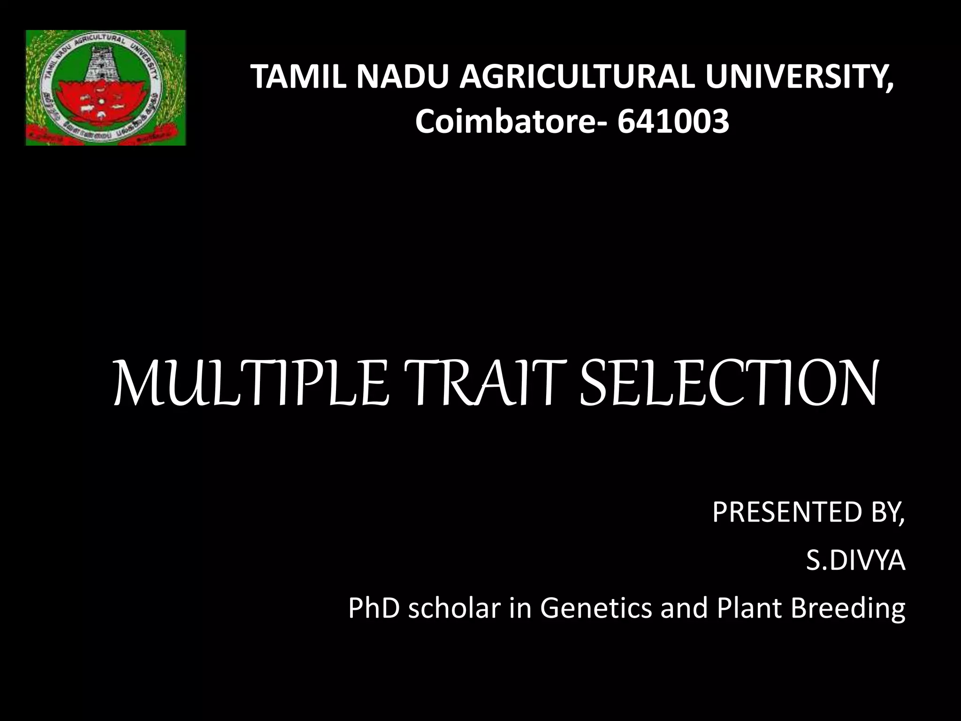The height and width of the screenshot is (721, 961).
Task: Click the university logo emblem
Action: [x=106, y=88]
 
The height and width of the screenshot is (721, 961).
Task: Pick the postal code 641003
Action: [x=673, y=122]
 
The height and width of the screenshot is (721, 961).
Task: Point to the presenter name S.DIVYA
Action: [x=855, y=560]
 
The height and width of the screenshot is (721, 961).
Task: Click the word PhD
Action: [x=374, y=608]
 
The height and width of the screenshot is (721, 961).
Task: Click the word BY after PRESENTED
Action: [x=887, y=512]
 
